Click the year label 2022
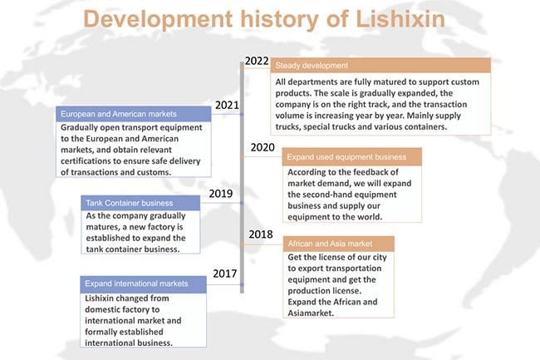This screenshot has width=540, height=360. click(257, 61)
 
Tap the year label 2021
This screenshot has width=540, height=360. click(227, 105)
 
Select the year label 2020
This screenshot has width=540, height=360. click(263, 147)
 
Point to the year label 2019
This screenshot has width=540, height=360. click(221, 194)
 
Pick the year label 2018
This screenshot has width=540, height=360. click(261, 234)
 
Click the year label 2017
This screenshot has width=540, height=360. click(225, 274)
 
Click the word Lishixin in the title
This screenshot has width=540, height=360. click(400, 18)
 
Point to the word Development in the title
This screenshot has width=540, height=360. click(158, 20)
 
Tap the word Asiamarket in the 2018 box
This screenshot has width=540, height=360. click(311, 313)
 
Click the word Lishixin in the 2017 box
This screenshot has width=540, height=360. click(100, 298)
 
